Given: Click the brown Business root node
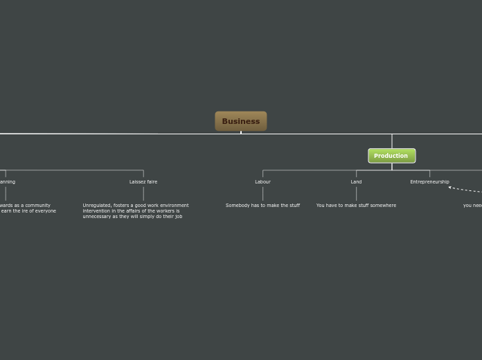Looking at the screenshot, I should point(240,121).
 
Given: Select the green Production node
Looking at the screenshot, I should point(391,156).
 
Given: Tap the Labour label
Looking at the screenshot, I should point(262,182).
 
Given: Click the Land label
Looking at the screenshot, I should point(356,182).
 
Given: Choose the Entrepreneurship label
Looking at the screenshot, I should point(429,182).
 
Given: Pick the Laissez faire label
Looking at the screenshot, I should point(143,182).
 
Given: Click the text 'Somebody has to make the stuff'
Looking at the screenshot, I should point(262,206).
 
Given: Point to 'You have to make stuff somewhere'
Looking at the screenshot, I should point(356,206).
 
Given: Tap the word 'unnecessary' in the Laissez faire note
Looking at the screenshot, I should point(98,217).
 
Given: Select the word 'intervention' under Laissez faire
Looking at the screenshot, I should point(97,211).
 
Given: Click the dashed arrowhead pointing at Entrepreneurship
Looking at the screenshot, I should point(450,187).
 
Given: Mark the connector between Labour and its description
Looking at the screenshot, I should point(262,193).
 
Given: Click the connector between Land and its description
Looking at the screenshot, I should point(356,193).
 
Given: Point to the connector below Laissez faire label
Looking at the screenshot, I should point(143,193).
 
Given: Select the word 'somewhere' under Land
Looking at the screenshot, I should point(382,206).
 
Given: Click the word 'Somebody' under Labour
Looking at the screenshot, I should point(236,206).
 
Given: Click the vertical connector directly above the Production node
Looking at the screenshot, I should point(392,141).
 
